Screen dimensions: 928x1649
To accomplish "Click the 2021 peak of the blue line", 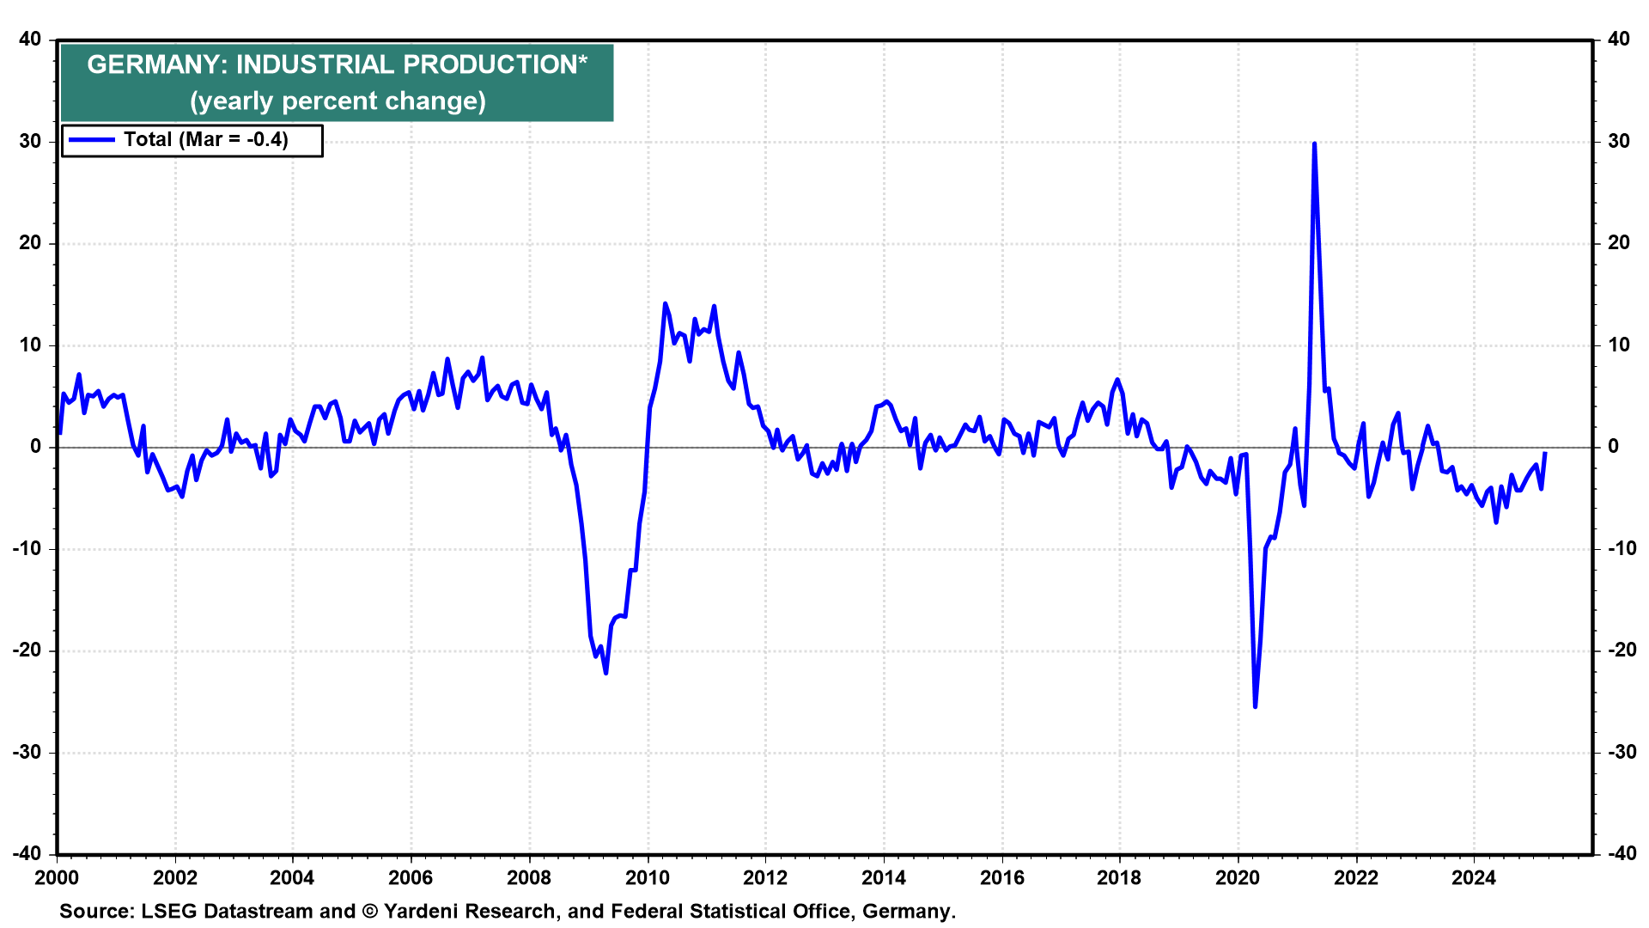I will point(1314,144).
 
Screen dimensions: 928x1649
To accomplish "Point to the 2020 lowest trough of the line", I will point(1255,706).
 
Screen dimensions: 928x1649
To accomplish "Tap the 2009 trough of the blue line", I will point(605,673).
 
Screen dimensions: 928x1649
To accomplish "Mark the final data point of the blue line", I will point(1545,453).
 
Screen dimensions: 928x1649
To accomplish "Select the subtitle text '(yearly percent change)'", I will point(338,101).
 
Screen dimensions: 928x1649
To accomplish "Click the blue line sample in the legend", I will point(91,140).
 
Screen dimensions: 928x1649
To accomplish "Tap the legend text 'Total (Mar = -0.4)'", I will point(206,140).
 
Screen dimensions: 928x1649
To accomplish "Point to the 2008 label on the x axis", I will point(529,877).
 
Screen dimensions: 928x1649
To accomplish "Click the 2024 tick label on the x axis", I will point(1474,877).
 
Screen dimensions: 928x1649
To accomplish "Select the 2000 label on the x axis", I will point(57,877).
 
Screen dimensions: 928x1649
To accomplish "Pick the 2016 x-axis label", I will point(1001,877).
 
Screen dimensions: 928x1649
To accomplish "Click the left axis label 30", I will point(31,141).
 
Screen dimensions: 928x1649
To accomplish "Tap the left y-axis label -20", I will point(27,650).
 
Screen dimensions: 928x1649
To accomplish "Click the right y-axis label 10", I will point(1619,345).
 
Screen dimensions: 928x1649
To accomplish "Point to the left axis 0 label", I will point(36,447).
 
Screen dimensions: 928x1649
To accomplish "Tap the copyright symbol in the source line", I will point(370,912).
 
